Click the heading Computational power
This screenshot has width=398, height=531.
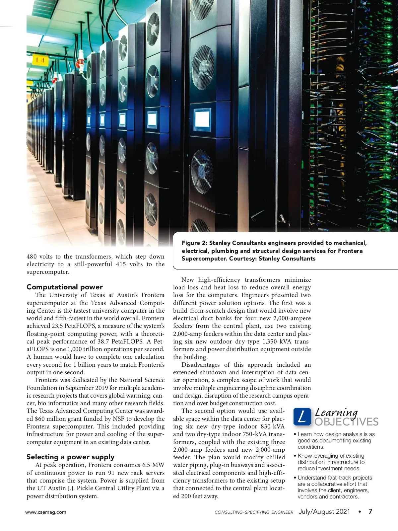[65, 287]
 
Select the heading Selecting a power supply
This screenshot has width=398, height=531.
[70, 457]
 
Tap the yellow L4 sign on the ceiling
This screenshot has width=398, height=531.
[40, 60]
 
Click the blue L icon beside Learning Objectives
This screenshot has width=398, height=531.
[302, 417]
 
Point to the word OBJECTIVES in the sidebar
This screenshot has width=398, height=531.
[346, 422]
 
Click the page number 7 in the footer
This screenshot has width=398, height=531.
[370, 511]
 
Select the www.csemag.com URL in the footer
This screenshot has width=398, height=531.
[46, 512]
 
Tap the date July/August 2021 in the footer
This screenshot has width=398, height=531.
[324, 511]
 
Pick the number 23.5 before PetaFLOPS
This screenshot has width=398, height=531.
[58, 326]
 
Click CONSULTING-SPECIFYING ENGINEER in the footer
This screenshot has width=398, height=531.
[254, 512]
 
